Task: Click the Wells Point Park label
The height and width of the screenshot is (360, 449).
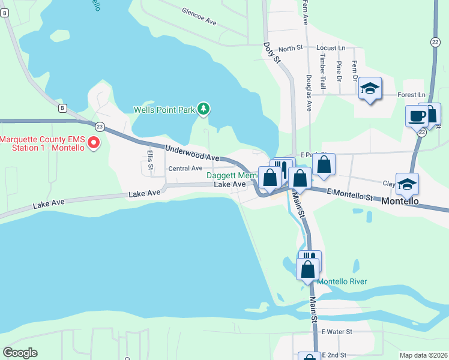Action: point(164,110)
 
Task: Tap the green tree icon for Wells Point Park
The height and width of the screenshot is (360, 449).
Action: point(205,109)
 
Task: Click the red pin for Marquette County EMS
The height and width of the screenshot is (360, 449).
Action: point(93,143)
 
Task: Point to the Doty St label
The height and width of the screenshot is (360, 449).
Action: point(272,52)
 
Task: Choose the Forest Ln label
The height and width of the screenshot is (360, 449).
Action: point(412,95)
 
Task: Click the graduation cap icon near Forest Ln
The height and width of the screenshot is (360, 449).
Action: point(370,89)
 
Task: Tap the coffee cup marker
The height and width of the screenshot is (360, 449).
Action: point(416,116)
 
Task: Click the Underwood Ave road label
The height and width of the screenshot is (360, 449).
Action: point(192,152)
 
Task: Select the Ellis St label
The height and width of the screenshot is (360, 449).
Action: point(149,159)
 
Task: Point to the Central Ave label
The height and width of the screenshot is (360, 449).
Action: point(185,169)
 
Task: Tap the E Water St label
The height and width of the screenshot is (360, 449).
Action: point(337,331)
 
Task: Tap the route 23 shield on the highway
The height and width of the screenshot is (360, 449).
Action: point(100,126)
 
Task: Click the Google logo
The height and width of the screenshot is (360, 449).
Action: point(20,353)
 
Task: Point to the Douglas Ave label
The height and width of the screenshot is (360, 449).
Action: point(309,93)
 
